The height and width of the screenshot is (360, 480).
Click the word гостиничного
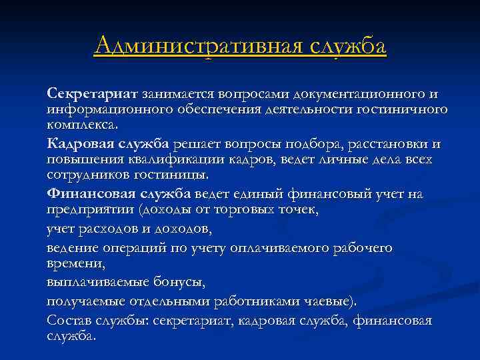(x=407, y=109)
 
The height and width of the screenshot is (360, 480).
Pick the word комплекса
(x=81, y=125)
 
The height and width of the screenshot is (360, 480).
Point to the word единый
(x=259, y=194)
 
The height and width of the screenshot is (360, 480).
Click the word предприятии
(x=89, y=209)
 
